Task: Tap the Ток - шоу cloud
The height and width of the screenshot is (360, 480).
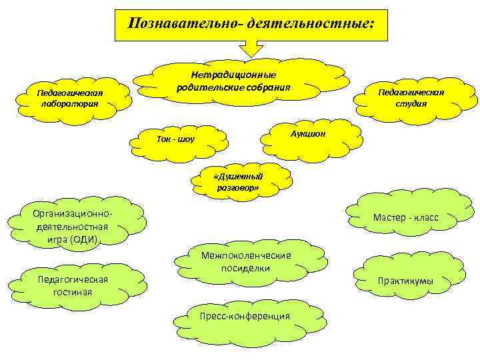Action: click(175, 139)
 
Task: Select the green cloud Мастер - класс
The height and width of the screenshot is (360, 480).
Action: click(405, 217)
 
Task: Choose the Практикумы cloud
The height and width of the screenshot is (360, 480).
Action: click(405, 281)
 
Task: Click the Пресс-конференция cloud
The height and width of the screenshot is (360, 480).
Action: click(246, 316)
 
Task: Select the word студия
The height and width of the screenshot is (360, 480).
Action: click(411, 103)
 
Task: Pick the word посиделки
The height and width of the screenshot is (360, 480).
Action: click(246, 267)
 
